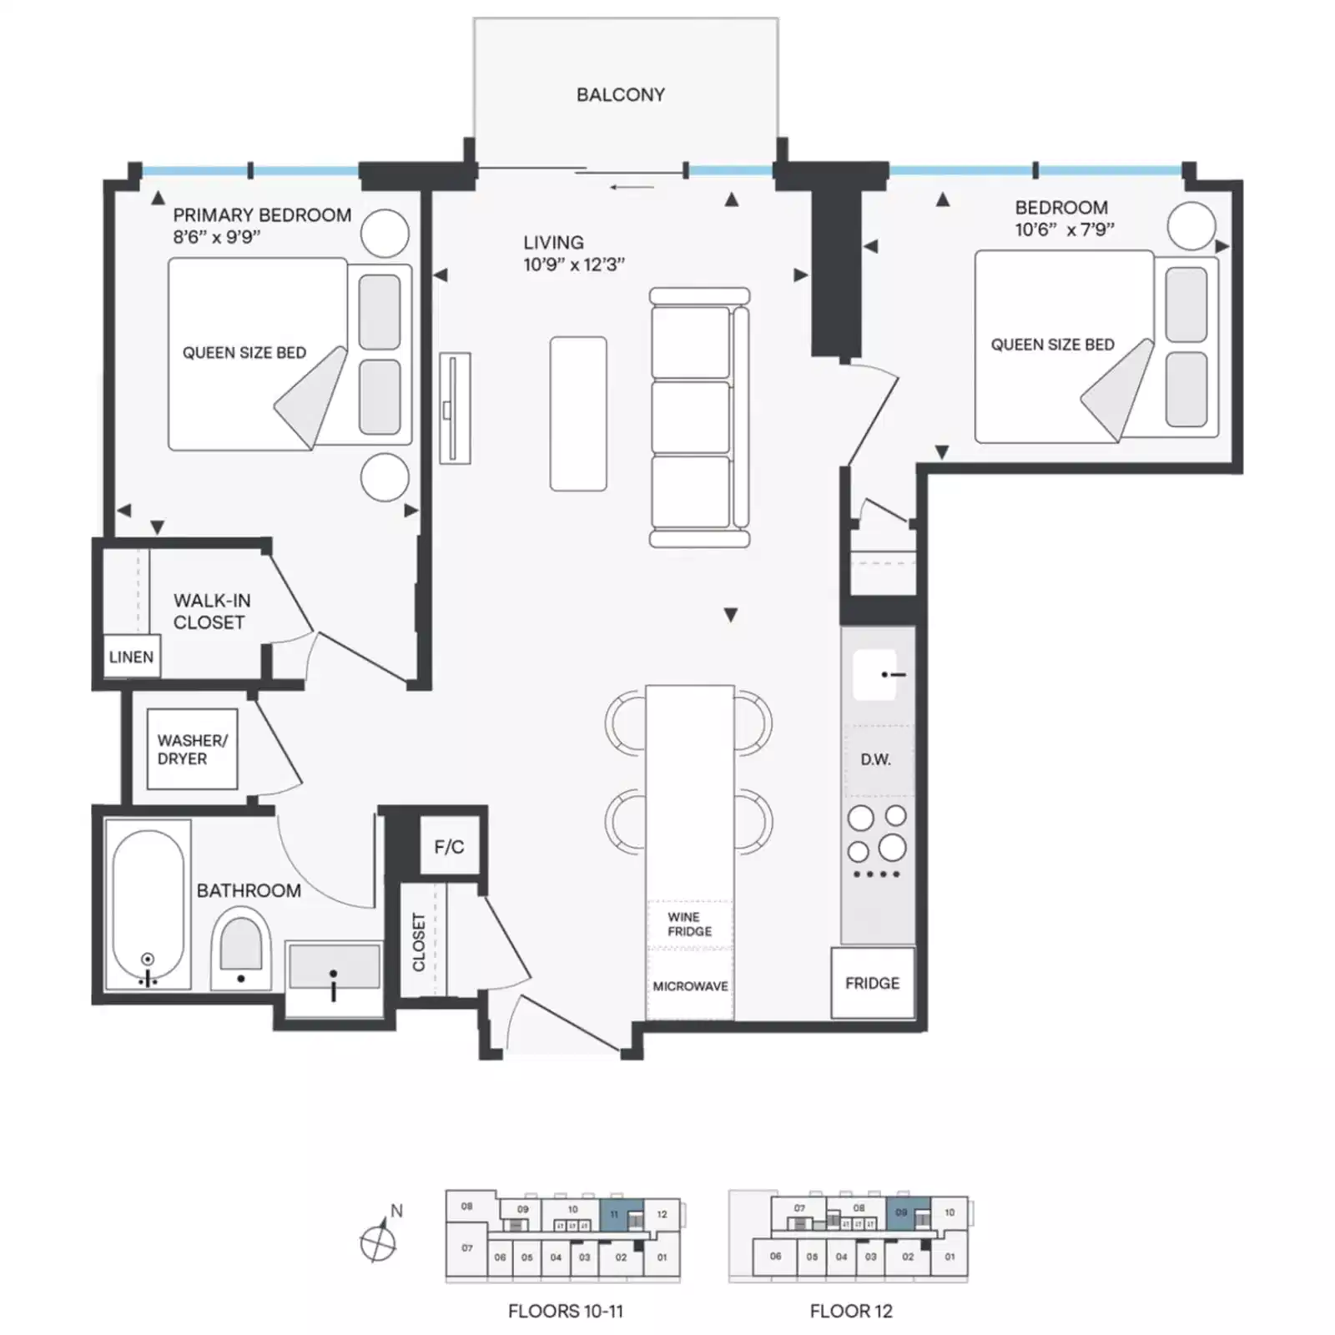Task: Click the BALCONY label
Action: [x=621, y=95]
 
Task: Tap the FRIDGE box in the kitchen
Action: [x=873, y=983]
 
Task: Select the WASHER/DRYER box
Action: [x=192, y=749]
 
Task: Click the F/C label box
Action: [x=449, y=847]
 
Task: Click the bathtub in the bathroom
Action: [x=148, y=905]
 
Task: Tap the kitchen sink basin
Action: [x=874, y=674]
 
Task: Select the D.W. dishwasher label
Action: [x=875, y=759]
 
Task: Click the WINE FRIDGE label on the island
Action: [x=689, y=924]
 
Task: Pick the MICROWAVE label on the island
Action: [x=690, y=986]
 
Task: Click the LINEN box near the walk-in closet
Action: [x=131, y=657]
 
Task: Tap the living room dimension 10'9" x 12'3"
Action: [x=574, y=264]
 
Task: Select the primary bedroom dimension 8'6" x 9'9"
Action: [x=217, y=237]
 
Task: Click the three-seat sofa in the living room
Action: [x=699, y=417]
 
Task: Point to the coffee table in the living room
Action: [x=578, y=414]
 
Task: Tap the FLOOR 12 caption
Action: [x=851, y=1311]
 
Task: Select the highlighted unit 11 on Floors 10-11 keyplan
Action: [x=614, y=1214]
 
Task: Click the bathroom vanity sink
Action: [x=334, y=968]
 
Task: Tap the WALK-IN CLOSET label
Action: [x=211, y=612]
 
